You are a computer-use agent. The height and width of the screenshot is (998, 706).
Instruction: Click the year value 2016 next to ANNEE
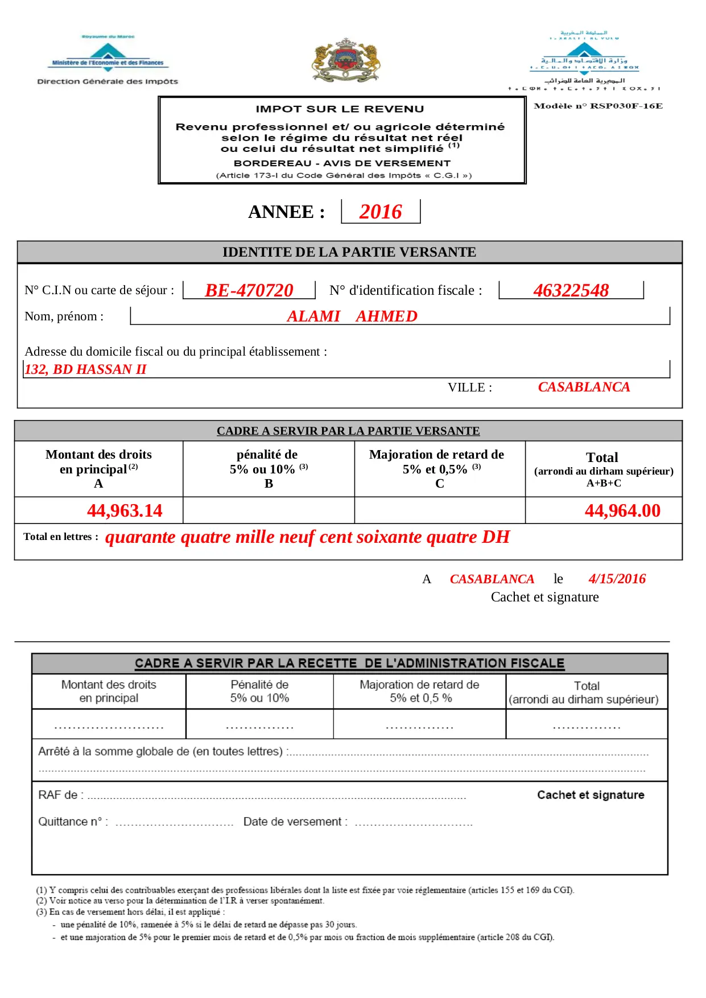coord(380,212)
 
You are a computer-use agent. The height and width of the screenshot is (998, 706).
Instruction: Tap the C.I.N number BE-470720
coord(249,290)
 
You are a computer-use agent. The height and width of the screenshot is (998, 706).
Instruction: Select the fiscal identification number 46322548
coord(571,290)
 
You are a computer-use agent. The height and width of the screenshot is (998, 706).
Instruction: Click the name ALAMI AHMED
coord(352,316)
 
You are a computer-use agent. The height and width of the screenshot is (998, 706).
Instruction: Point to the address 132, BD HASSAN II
coord(85,369)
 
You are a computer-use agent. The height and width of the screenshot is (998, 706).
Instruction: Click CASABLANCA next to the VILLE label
coord(584,387)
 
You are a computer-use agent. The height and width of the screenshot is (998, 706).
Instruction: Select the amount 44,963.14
coord(125,510)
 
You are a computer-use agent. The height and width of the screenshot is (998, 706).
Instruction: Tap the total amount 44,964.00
coord(622,510)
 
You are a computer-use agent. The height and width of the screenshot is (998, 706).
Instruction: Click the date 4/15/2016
coord(617,579)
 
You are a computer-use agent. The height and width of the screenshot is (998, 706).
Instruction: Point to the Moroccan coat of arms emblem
coord(346,60)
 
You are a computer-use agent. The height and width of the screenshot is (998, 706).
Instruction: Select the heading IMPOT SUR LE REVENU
coord(340,109)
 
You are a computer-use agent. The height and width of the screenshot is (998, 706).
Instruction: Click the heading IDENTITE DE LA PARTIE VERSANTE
coord(349,252)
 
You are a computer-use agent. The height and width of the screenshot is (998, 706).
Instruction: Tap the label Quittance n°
coord(72,822)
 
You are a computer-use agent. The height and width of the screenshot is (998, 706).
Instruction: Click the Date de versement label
coord(295,822)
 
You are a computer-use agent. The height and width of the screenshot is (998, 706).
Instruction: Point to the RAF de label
coord(60,795)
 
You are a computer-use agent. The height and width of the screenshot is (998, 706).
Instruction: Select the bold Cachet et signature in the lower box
coord(591,795)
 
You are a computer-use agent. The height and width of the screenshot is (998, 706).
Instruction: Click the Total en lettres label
coord(60,537)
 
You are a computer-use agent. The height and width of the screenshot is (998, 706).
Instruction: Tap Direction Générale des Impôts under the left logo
coord(108,81)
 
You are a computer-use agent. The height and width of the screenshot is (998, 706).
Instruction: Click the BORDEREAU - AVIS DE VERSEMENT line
coord(342,163)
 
